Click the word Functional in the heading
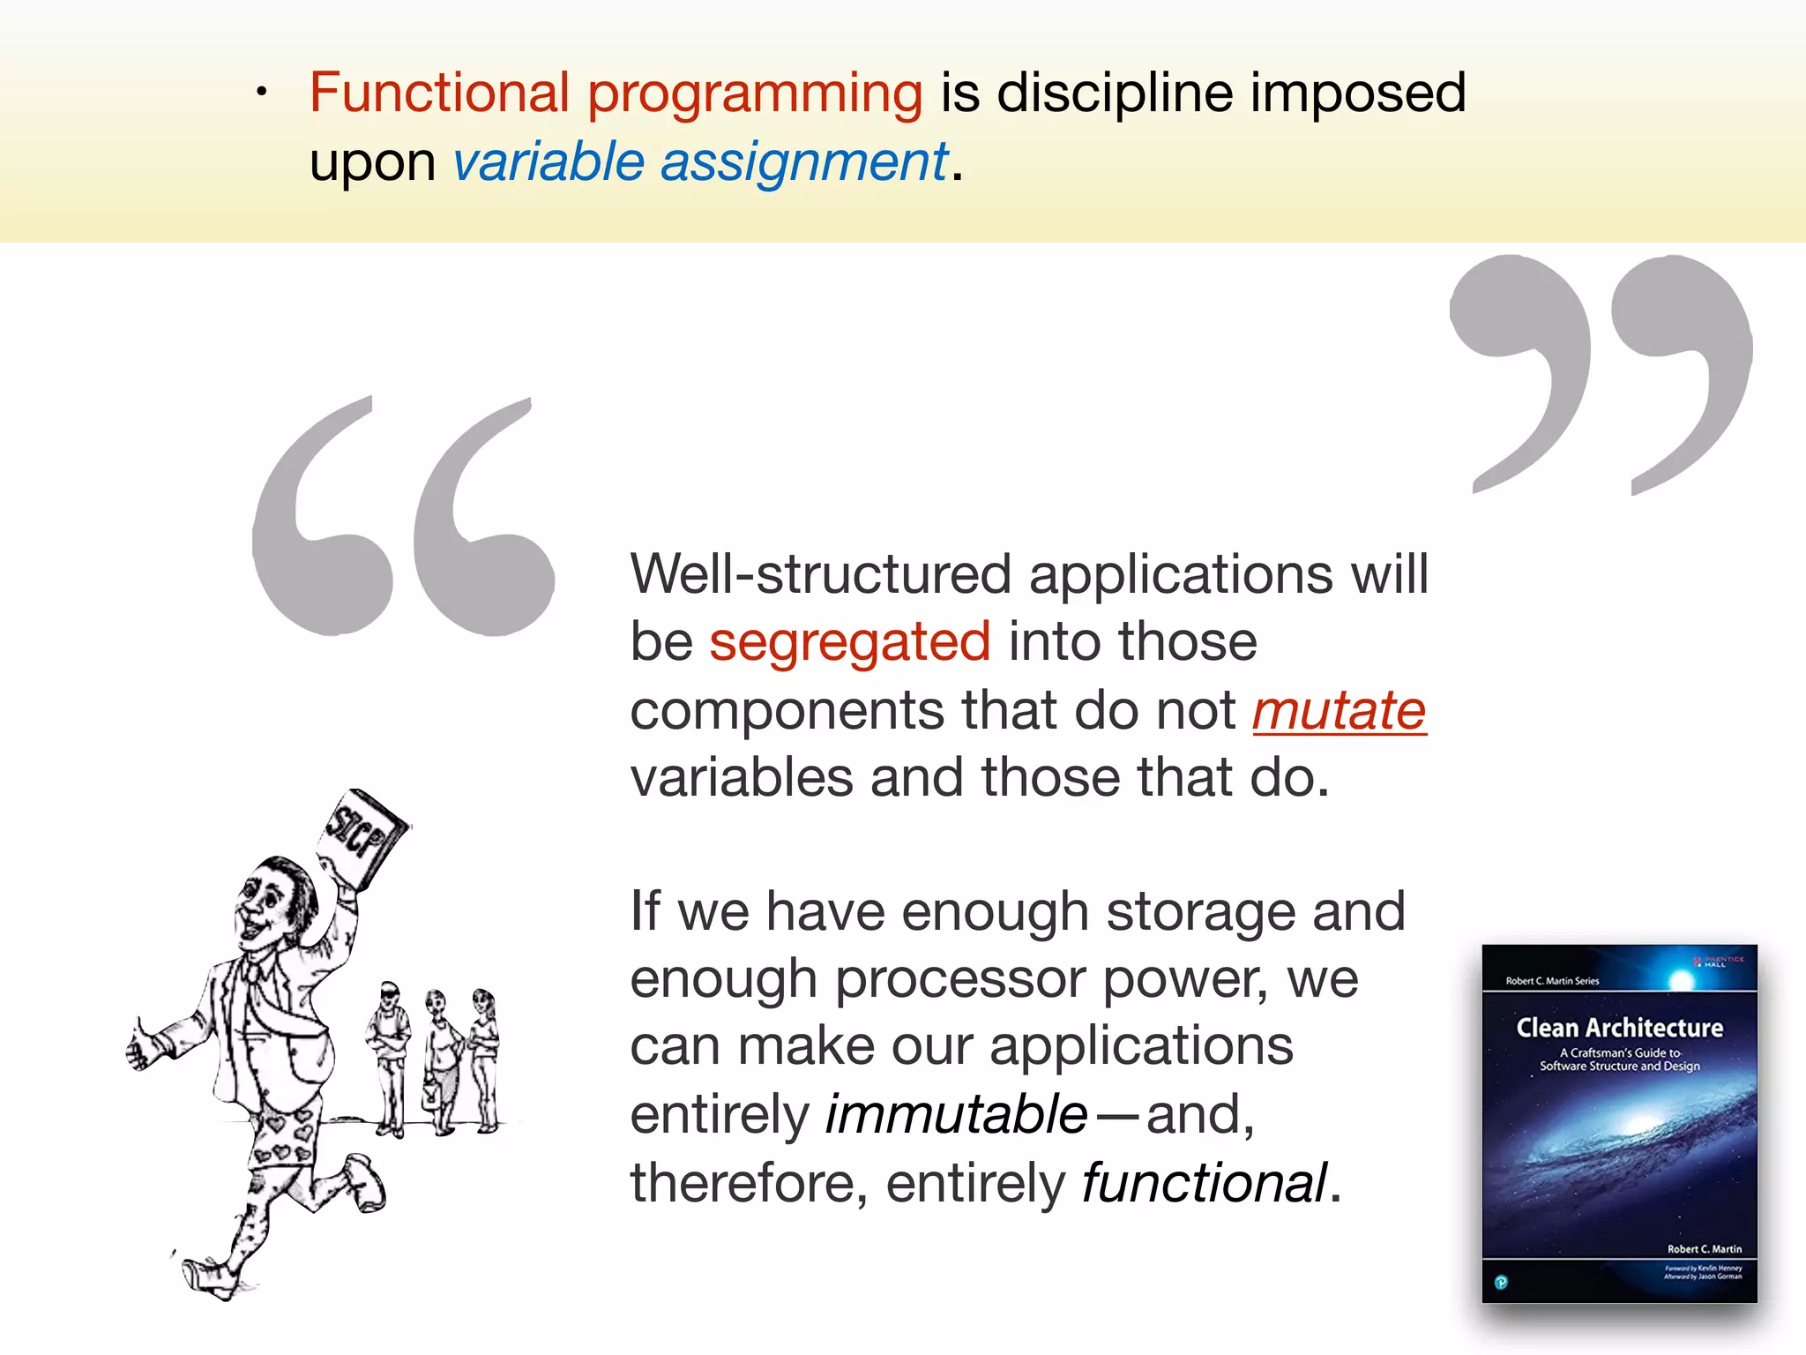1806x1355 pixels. [x=439, y=93]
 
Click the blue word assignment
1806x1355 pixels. [x=803, y=163]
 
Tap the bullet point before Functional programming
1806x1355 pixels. [x=261, y=92]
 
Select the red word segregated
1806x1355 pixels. [x=849, y=642]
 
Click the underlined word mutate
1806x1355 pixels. [x=1339, y=711]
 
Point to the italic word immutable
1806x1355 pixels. [x=955, y=1115]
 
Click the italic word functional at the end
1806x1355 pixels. [x=1204, y=1183]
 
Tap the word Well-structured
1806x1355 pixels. [x=819, y=574]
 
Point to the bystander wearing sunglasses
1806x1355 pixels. [x=389, y=1050]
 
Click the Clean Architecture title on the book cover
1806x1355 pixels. [x=1619, y=1029]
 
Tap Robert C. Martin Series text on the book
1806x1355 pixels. [x=1552, y=981]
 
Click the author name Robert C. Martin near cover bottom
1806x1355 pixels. [x=1704, y=1249]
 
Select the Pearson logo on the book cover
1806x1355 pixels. [x=1502, y=1282]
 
